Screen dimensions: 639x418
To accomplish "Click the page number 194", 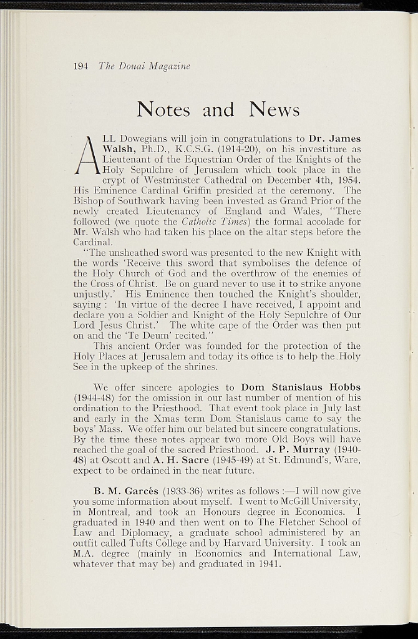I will tap(80, 66).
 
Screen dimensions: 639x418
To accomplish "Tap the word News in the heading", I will tap(275, 110).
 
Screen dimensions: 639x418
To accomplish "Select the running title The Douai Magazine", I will tap(144, 66).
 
